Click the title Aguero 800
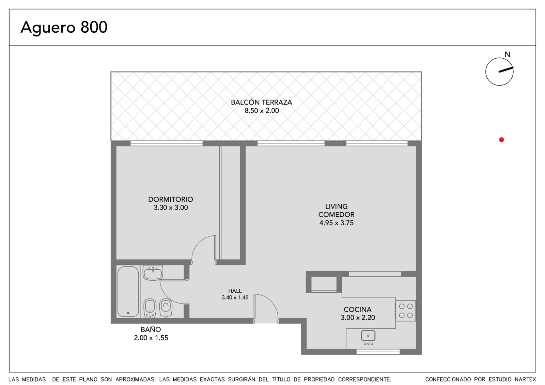pos(64,27)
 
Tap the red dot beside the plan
pos(501,140)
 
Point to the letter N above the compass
pos(507,55)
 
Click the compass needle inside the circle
pos(506,70)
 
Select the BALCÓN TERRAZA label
pos(261,102)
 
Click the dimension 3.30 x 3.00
pos(171,207)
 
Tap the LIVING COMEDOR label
pos(336,211)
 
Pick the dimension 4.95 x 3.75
pos(337,223)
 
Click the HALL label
pos(235,291)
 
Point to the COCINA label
pos(358,310)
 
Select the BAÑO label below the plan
pos(151,329)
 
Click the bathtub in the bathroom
pos(128,291)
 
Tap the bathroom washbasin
pos(153,272)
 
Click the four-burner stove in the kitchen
pos(406,311)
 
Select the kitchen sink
pos(368,337)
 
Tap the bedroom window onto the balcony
pos(167,143)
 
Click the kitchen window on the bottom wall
pos(378,352)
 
